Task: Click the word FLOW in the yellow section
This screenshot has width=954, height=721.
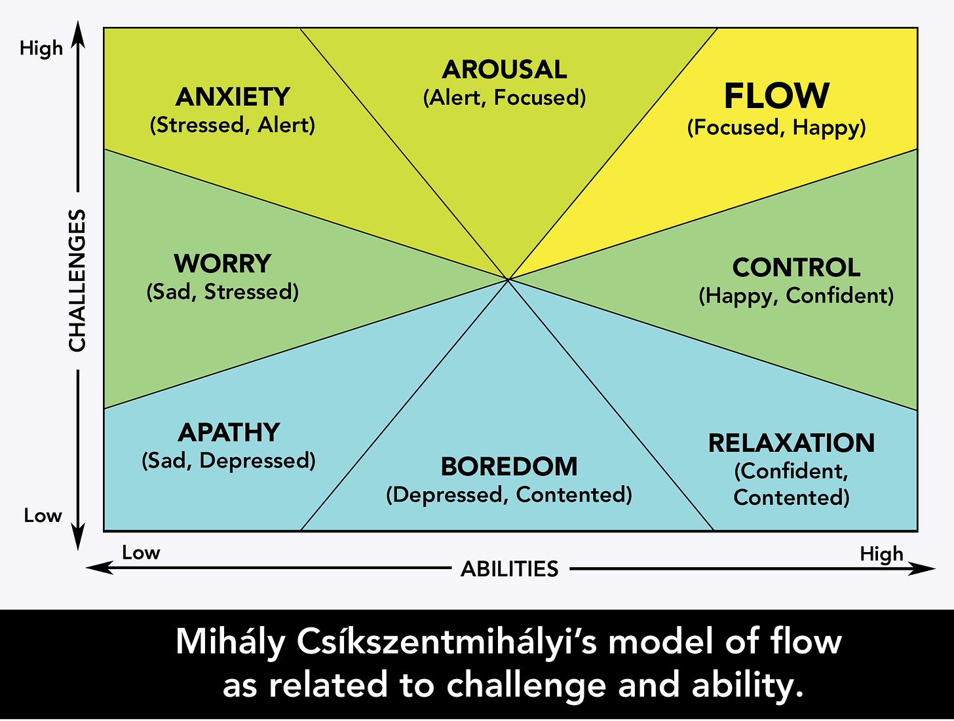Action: click(776, 96)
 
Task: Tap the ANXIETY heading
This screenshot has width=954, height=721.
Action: click(233, 97)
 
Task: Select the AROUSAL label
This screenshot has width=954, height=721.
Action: click(504, 69)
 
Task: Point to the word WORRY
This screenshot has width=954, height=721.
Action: click(222, 263)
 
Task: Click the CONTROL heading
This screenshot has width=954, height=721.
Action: click(796, 267)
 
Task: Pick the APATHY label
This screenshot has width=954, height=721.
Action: click(229, 432)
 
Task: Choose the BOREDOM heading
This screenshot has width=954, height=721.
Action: click(509, 466)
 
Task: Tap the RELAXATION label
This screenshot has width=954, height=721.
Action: click(792, 443)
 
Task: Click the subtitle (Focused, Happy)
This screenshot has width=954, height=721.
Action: click(776, 127)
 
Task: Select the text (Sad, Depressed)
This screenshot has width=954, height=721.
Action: click(229, 460)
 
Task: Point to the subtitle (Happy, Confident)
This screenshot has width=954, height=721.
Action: click(796, 296)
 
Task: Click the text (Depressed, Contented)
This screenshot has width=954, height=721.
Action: click(509, 494)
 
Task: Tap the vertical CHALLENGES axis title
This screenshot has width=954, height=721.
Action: click(77, 280)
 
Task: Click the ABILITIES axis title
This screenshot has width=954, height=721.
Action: click(509, 568)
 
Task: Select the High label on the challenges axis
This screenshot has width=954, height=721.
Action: click(41, 48)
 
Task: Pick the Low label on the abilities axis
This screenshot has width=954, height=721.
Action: click(141, 553)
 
